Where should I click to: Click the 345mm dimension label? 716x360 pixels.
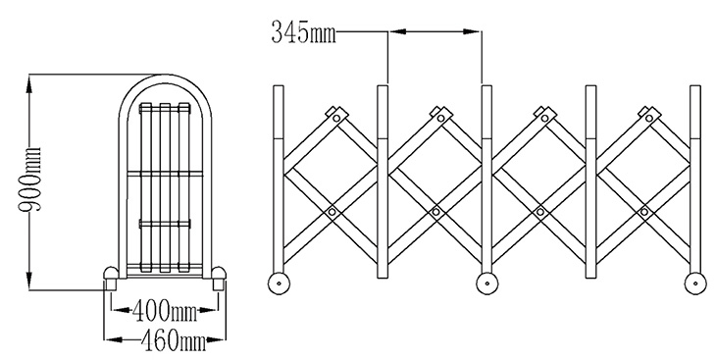pyautogui.click(x=304, y=32)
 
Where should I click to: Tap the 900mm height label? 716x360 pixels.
pyautogui.click(x=30, y=180)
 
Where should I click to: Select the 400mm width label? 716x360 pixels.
pyautogui.click(x=165, y=312)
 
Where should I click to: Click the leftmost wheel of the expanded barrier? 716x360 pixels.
pyautogui.click(x=279, y=283)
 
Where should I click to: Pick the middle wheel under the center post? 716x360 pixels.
pyautogui.click(x=487, y=283)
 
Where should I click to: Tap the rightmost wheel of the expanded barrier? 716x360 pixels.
pyautogui.click(x=695, y=283)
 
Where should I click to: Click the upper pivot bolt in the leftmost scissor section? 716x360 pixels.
pyautogui.click(x=337, y=119)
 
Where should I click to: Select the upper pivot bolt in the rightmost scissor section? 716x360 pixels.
pyautogui.click(x=649, y=119)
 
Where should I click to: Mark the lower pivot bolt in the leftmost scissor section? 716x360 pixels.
pyautogui.click(x=332, y=212)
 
